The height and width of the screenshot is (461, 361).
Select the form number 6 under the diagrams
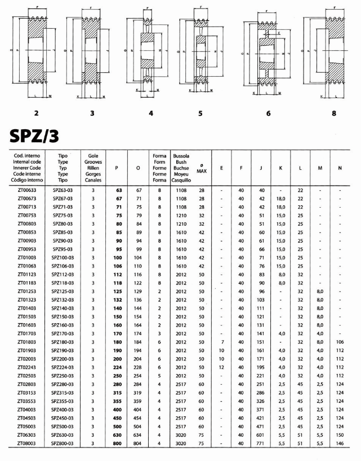click(x=268, y=113)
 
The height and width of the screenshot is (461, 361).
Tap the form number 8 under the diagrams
click(x=334, y=113)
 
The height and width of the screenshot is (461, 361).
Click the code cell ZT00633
click(x=27, y=191)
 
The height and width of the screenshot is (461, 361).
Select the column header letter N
click(x=340, y=168)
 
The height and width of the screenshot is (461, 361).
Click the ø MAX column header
click(x=201, y=168)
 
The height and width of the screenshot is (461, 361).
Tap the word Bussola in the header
click(x=181, y=155)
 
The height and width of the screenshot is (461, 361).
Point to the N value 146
click(x=340, y=444)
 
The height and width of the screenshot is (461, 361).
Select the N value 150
click(x=340, y=436)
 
